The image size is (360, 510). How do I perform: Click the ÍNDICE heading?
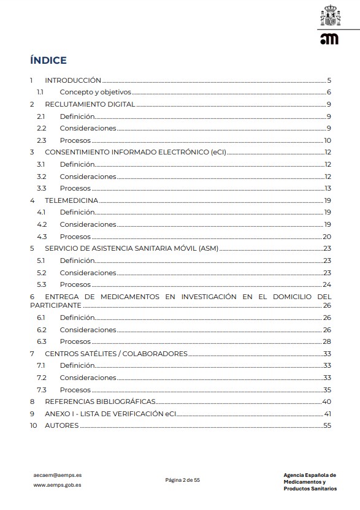(x=48, y=60)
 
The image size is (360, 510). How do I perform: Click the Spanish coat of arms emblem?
(x=329, y=17)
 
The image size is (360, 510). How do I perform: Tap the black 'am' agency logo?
(x=329, y=39)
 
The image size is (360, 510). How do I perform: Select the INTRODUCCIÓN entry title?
(x=72, y=80)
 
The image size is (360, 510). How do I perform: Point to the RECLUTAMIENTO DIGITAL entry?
(x=90, y=104)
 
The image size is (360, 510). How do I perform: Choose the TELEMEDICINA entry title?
(x=71, y=200)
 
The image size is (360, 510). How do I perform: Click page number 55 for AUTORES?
(x=327, y=425)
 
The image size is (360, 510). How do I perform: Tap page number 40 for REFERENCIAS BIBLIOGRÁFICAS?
(x=327, y=402)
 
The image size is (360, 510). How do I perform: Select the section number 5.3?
(x=41, y=284)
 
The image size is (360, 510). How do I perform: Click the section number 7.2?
(x=41, y=378)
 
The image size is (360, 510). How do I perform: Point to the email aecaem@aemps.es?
(x=58, y=474)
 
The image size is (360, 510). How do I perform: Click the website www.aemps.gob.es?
(x=57, y=485)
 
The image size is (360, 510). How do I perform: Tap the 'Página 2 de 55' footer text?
(x=183, y=480)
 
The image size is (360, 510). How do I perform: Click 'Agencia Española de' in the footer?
(x=310, y=474)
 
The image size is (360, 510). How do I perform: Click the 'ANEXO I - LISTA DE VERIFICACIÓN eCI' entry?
(x=114, y=414)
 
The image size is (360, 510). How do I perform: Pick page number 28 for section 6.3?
(x=327, y=341)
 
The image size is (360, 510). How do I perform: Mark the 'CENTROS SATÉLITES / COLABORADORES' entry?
(x=116, y=354)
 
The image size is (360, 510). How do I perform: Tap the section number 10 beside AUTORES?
(x=34, y=425)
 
